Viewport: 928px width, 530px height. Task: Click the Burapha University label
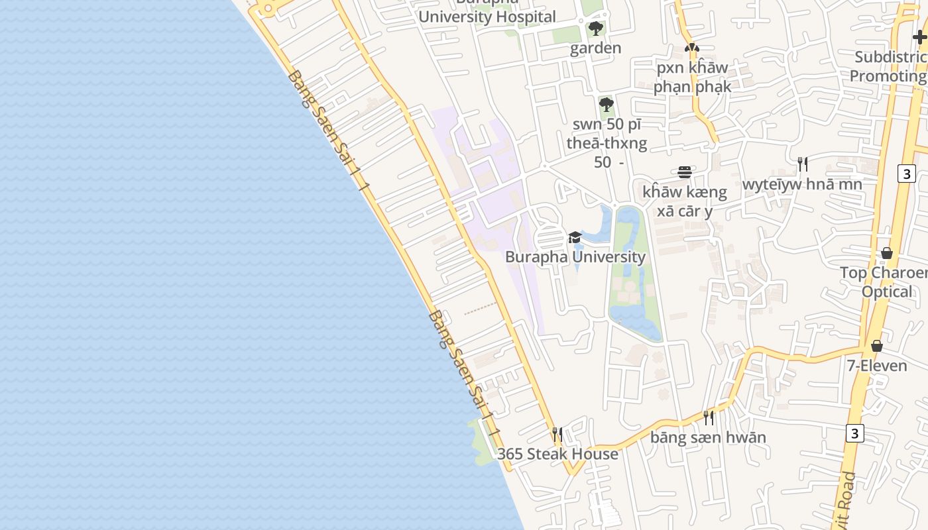(575, 257)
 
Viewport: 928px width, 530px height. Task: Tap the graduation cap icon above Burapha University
(575, 237)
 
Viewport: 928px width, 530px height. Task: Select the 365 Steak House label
(557, 454)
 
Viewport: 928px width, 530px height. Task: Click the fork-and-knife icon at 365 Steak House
(557, 434)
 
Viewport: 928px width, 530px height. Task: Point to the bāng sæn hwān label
(708, 437)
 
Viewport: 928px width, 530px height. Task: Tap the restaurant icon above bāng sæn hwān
(709, 417)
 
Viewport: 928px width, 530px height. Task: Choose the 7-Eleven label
(877, 366)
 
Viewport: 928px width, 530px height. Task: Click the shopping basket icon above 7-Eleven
(877, 346)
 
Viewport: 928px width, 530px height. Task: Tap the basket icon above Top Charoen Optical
(887, 253)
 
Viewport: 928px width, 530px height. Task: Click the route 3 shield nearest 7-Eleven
(855, 433)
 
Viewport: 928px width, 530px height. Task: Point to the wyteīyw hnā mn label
(802, 184)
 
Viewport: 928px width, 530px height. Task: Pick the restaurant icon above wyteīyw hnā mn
(802, 164)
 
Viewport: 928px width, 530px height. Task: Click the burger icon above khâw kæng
(685, 172)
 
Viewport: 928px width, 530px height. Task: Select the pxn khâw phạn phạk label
(692, 77)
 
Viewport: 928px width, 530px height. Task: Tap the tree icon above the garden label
(596, 28)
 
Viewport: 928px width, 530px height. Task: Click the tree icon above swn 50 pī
(606, 104)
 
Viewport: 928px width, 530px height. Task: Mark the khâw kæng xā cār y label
(685, 201)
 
